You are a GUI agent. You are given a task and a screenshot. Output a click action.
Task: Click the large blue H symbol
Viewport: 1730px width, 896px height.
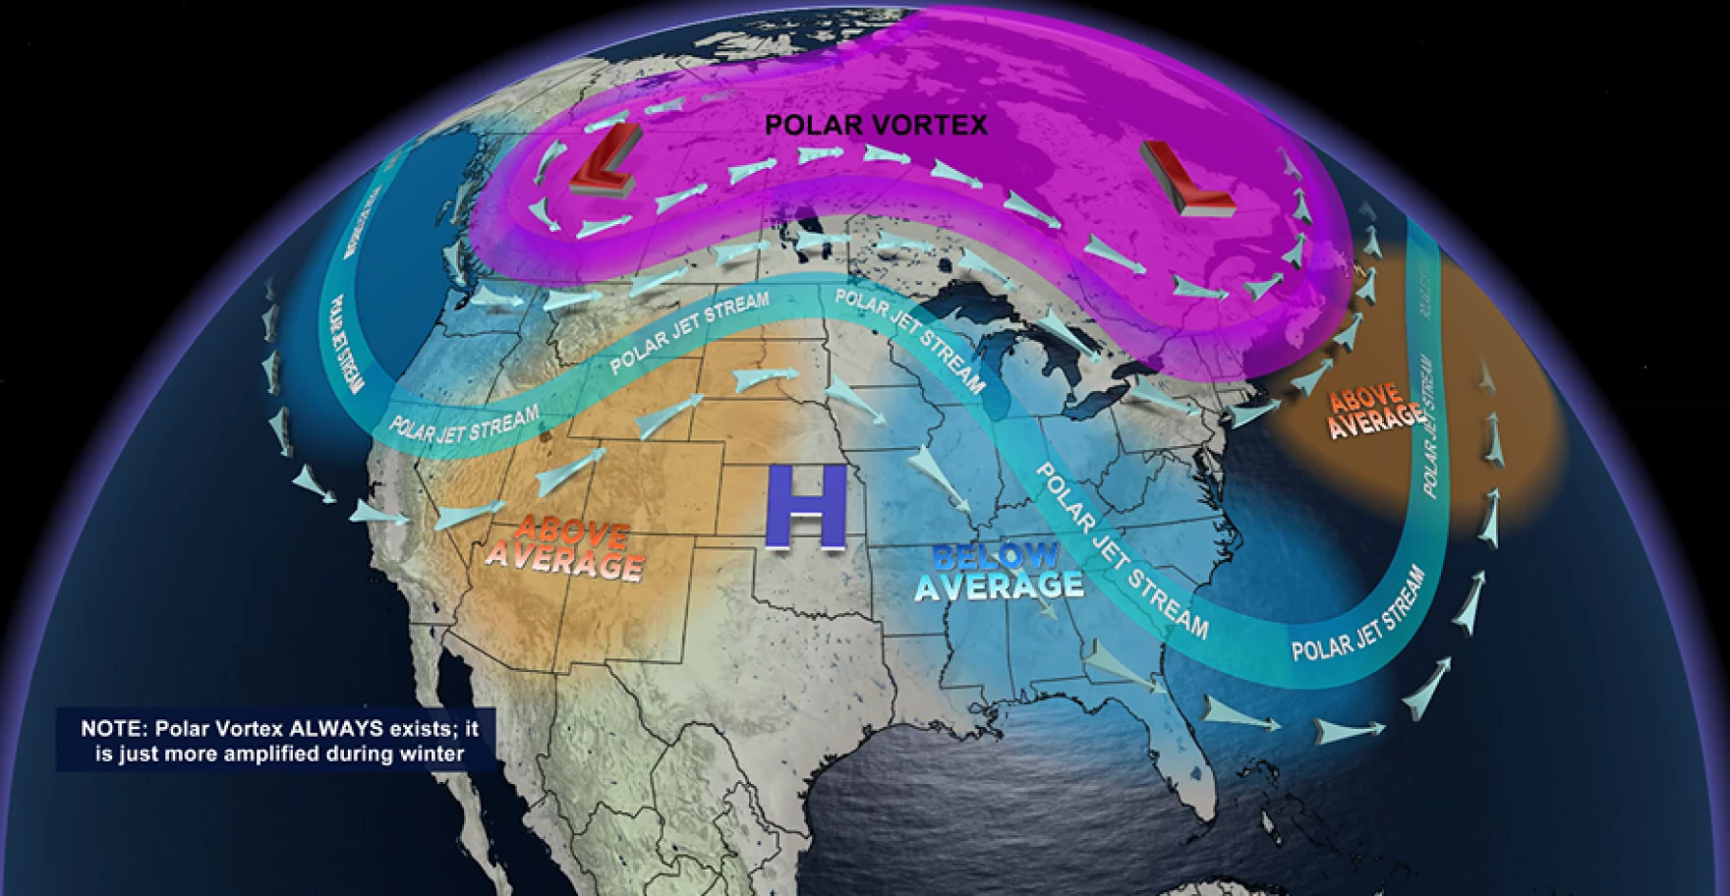pyautogui.click(x=806, y=506)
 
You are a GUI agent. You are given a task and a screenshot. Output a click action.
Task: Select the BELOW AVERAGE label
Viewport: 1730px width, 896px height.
pyautogui.click(x=998, y=572)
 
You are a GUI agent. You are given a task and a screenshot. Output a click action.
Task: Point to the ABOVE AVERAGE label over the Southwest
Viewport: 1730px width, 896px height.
pyautogui.click(x=565, y=550)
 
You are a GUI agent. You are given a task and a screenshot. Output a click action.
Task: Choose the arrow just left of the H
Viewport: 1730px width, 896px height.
pyautogui.click(x=747, y=377)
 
